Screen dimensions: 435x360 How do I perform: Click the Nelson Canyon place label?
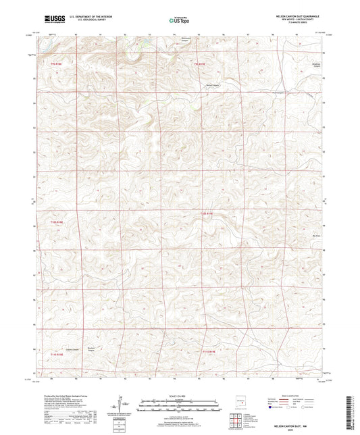click(x=213, y=85)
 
